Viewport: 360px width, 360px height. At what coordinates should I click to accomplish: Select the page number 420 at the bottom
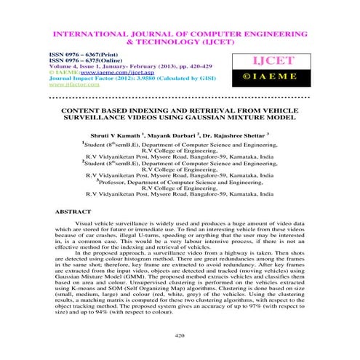click(180, 334)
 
